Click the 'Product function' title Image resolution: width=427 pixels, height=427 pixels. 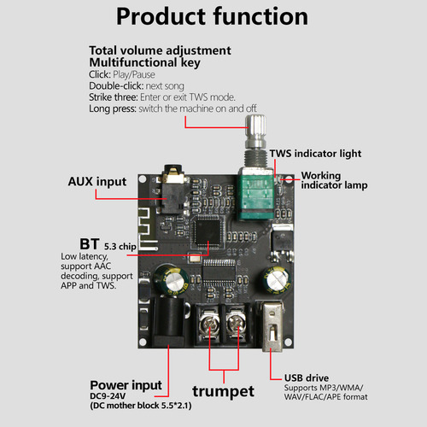tap(212, 16)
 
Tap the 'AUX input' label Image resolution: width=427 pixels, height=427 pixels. tap(97, 182)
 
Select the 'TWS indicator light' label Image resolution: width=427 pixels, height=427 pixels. tap(315, 154)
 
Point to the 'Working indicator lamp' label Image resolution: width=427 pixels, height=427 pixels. tap(334, 180)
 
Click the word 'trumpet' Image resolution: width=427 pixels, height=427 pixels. tap(223, 391)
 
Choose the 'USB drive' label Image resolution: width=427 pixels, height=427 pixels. tap(307, 377)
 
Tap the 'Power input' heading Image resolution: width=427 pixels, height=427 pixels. tap(126, 385)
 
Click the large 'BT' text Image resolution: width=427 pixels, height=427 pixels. tap(90, 244)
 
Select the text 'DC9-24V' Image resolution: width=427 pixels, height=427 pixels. tap(108, 396)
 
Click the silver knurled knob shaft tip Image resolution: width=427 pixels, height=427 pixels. tap(255, 125)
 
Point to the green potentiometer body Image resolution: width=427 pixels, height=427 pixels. tap(255, 196)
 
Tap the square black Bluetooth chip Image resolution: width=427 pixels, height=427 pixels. tap(208, 230)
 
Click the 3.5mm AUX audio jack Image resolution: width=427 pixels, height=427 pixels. tap(173, 190)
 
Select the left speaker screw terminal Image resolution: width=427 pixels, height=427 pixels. tap(209, 324)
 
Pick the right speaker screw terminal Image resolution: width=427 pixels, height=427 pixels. tap(237, 324)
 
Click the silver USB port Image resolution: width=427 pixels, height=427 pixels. tap(272, 327)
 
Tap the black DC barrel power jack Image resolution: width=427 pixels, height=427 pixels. tap(169, 322)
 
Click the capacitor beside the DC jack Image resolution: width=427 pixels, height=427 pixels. tap(171, 280)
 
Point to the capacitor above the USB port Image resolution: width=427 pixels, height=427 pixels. tap(277, 280)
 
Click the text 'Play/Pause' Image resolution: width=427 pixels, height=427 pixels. tap(134, 74)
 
